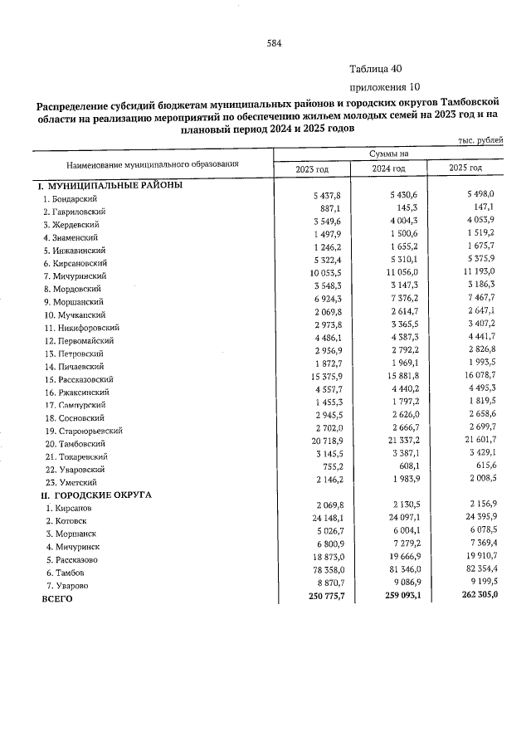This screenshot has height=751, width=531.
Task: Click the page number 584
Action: tap(275, 44)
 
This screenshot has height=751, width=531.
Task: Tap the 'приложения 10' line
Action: tap(379, 86)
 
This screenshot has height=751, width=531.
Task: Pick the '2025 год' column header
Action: tap(465, 169)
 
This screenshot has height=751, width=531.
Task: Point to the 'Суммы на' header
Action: tap(389, 154)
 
